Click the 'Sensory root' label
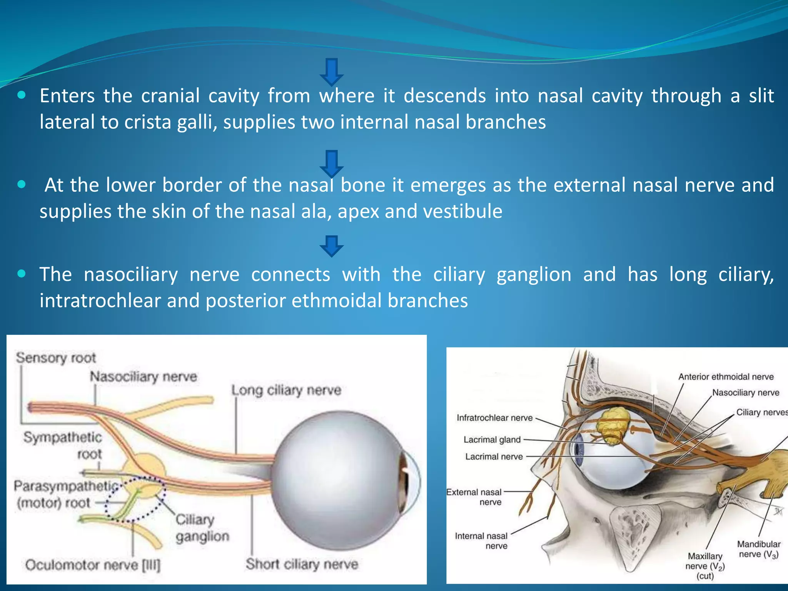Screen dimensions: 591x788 tap(56, 358)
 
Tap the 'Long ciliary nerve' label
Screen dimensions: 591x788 tap(286, 391)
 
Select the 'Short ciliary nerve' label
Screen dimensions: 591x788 tap(302, 564)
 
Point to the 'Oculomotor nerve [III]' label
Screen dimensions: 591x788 tap(93, 565)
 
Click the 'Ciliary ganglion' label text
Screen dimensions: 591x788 tap(202, 528)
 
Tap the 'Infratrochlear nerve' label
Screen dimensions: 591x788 tap(494, 418)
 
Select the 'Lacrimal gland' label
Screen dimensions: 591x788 tap(492, 440)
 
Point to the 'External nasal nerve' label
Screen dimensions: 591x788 tap(474, 497)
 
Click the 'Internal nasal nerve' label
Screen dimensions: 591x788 tap(481, 541)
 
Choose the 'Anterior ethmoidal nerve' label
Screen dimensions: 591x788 tap(726, 377)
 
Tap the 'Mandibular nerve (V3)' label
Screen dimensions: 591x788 tap(758, 549)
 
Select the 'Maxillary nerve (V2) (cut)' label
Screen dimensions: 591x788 tap(705, 566)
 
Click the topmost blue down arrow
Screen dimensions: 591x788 tap(331, 72)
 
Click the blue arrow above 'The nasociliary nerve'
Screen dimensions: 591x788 tap(331, 246)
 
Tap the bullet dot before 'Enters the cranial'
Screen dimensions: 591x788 tap(22, 95)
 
